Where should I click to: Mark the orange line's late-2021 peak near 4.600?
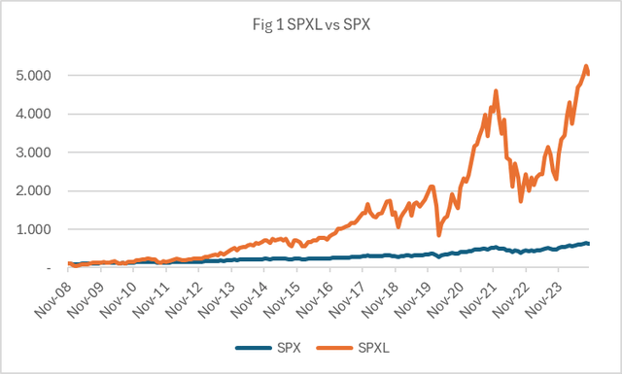tap(497, 90)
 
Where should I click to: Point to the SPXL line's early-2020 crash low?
tap(439, 235)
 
